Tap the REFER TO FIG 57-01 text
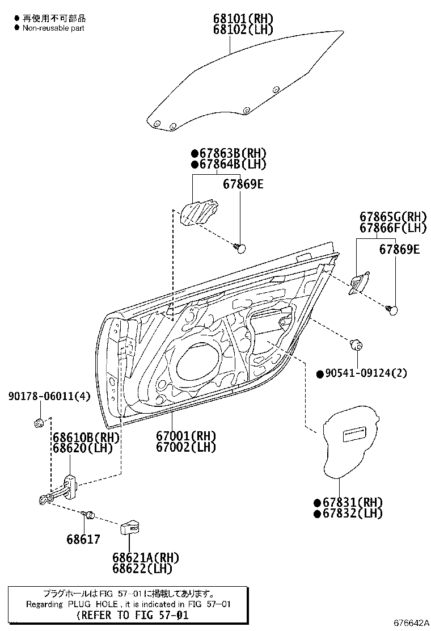tap(132, 615)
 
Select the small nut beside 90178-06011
tap(40, 422)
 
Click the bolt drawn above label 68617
tap(88, 514)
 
